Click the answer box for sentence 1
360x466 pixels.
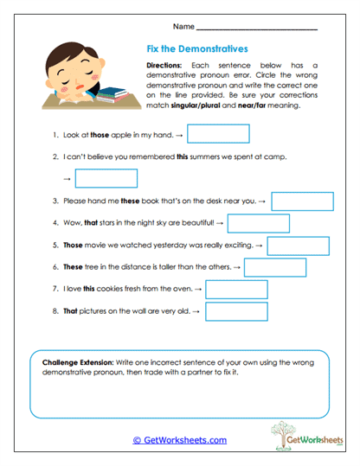coord(218,134)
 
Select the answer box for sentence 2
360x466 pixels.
coord(106,178)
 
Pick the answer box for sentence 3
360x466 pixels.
coord(303,201)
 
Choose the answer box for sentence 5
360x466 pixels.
coord(298,246)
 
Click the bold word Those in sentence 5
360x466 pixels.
coord(74,246)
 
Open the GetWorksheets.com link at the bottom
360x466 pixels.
coord(179,440)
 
